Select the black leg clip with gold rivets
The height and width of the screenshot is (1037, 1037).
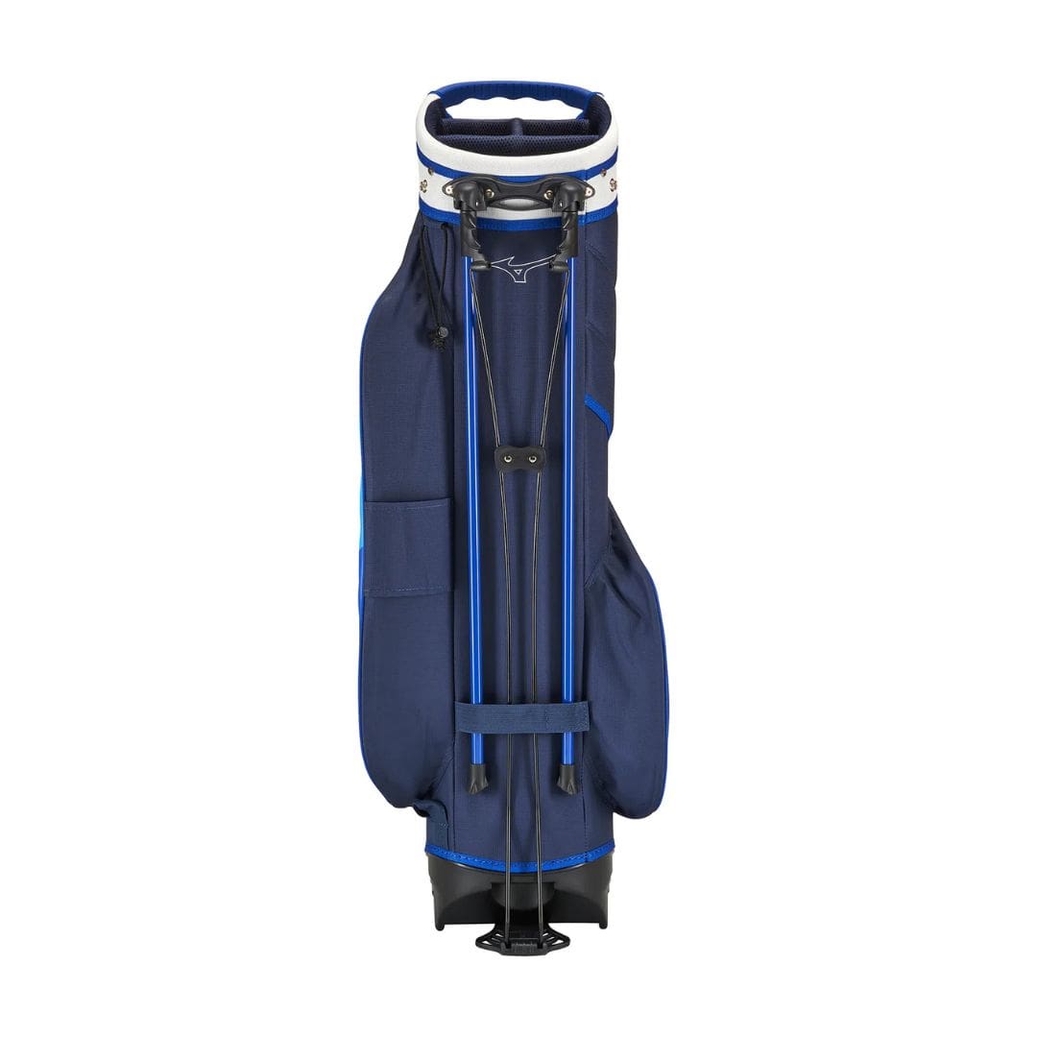519,459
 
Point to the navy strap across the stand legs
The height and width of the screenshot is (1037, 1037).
522,717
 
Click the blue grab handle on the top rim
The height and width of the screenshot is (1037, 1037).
517,97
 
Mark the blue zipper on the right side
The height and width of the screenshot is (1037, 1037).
597,411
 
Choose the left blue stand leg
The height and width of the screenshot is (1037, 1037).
471,499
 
